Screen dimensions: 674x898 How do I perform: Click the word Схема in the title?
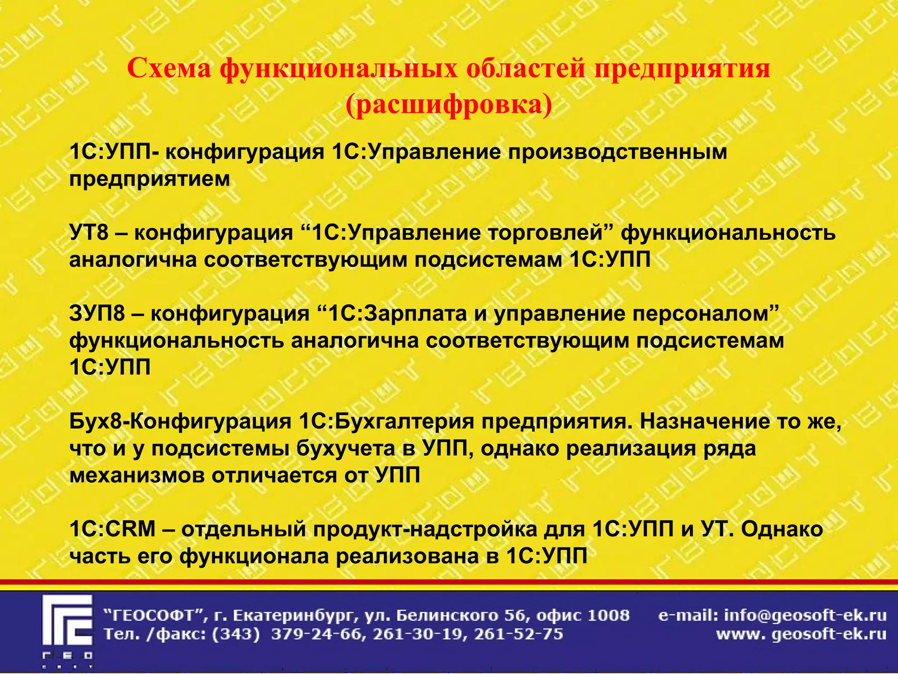[169, 69]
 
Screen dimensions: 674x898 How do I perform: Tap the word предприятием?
[150, 179]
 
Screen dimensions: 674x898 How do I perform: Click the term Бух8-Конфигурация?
[180, 421]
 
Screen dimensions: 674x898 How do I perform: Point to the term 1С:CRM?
[112, 529]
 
